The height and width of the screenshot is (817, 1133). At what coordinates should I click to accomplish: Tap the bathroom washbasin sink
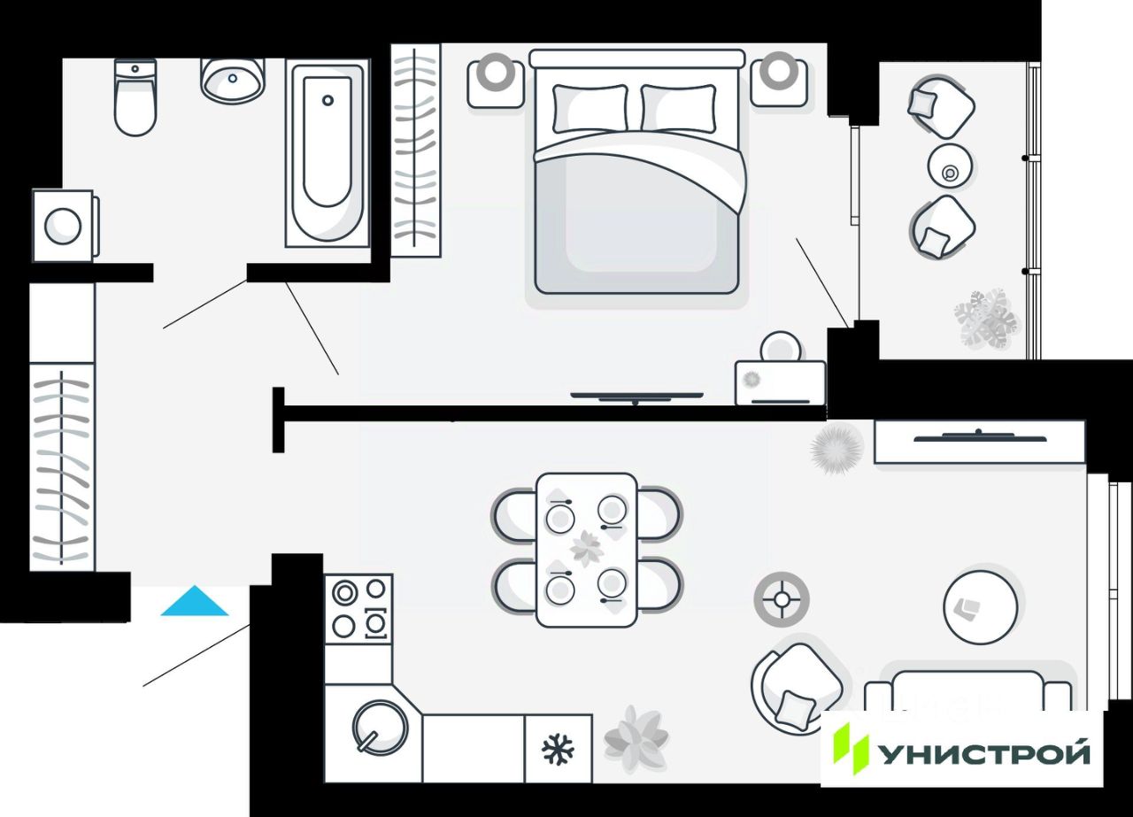(x=232, y=80)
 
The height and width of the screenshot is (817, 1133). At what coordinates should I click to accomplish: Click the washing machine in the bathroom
(x=64, y=226)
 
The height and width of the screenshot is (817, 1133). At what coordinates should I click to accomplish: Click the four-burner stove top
(x=358, y=608)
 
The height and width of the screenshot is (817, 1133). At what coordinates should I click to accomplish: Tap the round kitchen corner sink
(x=380, y=728)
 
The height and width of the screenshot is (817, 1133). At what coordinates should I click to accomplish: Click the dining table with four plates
(x=586, y=550)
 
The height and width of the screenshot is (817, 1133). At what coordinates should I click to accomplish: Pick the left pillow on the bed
(x=590, y=108)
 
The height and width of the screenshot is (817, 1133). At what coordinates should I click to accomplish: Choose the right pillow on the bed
(x=678, y=108)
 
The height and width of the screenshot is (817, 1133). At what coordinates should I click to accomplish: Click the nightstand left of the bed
(x=496, y=81)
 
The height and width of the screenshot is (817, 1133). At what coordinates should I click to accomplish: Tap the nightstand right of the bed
(x=779, y=79)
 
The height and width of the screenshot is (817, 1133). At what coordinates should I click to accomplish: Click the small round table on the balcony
(x=951, y=166)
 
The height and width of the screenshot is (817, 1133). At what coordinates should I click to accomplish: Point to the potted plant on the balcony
(x=986, y=318)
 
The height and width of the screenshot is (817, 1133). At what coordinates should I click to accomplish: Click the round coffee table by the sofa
(x=980, y=606)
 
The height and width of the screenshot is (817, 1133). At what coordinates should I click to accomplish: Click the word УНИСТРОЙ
(x=983, y=754)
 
